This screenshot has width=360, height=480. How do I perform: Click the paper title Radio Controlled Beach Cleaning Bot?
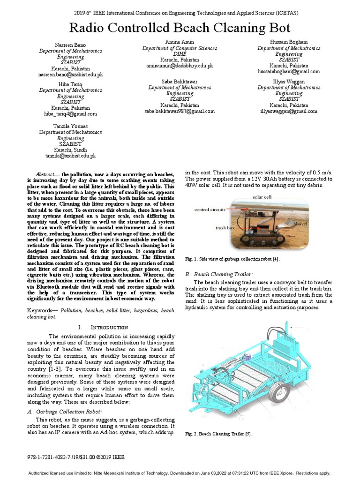click(x=180, y=27)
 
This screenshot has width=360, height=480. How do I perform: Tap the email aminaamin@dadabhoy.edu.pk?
click(x=179, y=66)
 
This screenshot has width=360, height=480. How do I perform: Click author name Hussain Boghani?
click(x=289, y=42)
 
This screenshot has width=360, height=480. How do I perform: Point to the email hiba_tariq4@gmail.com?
click(x=70, y=114)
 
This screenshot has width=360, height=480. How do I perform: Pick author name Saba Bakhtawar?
click(x=179, y=81)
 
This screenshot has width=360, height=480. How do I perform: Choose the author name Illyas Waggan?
click(x=289, y=81)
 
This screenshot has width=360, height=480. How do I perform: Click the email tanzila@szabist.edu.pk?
click(x=70, y=156)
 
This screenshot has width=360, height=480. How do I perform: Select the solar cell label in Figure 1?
click(x=262, y=197)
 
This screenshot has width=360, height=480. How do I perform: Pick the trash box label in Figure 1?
click(x=224, y=228)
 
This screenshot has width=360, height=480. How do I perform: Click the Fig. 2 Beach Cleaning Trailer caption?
click(x=219, y=434)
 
